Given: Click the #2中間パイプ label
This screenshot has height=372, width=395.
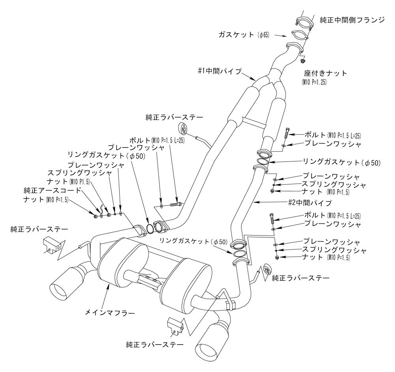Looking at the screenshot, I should (x=310, y=203).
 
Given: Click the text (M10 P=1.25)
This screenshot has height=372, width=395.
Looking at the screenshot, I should (x=315, y=83).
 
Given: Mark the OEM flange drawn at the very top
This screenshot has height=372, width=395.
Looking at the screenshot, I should (x=303, y=23).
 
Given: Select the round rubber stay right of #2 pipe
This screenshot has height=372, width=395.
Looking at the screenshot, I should (x=266, y=270).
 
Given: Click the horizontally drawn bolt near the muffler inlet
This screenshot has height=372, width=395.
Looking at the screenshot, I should (x=175, y=205).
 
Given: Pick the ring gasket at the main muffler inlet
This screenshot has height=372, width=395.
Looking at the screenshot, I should (x=150, y=229).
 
